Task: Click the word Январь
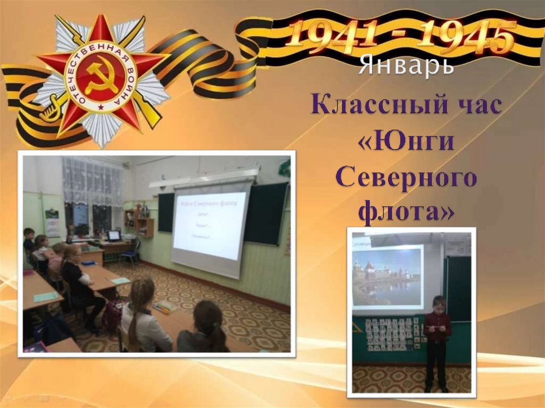(406, 66)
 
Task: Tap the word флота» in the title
(407, 213)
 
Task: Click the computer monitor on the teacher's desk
(113, 236)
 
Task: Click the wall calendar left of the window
(52, 222)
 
